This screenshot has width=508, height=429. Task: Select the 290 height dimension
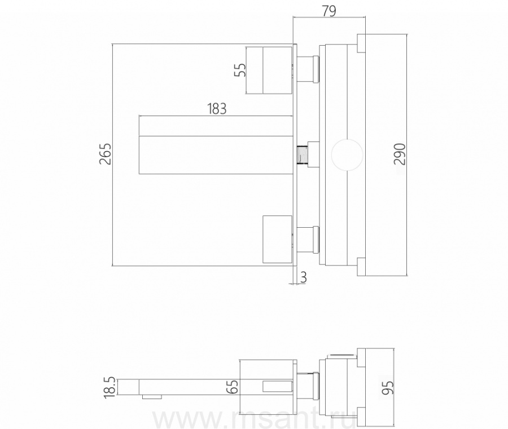pos(400,154)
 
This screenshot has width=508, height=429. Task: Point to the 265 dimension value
pos(106,154)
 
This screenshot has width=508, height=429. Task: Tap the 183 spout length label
pos(217,109)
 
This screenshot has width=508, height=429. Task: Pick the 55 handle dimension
pos(240,69)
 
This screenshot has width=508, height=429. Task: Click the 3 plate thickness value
pos(303,277)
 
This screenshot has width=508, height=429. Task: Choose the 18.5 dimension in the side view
pos(110,387)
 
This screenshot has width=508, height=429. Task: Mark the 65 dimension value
pos(233,387)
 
